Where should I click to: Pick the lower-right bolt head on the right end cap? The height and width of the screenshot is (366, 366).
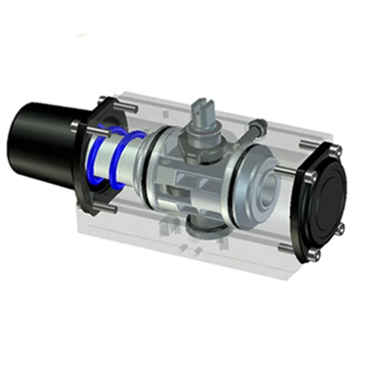(x=342, y=227)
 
